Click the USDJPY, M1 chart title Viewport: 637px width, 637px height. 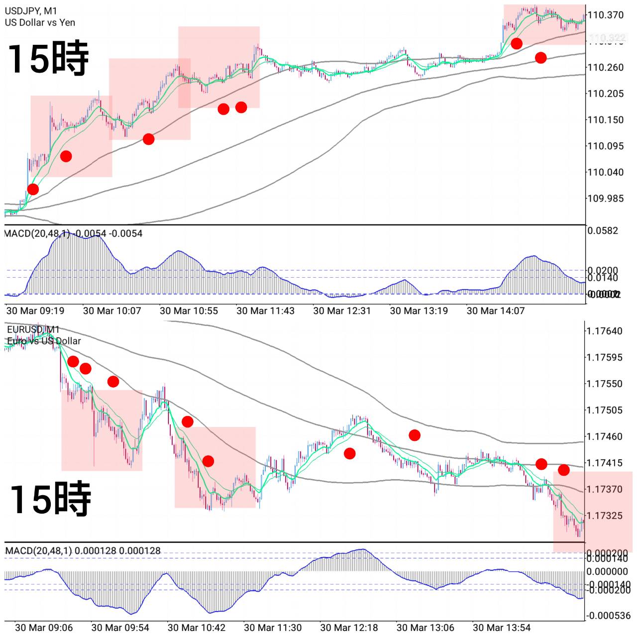pos(31,11)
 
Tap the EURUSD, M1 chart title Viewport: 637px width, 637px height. pos(33,329)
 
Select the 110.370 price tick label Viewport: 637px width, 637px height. pos(605,15)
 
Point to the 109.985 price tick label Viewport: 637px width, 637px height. pos(605,199)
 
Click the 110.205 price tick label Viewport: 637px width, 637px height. pos(605,94)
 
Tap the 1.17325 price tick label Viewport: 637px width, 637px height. pos(604,516)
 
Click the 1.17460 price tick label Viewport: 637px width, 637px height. pos(604,436)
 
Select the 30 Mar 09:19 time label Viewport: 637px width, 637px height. pos(35,311)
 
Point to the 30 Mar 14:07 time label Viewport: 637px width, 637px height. pos(496,311)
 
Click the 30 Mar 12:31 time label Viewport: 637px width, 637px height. pos(342,311)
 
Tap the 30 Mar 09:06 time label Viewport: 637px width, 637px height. pos(44,628)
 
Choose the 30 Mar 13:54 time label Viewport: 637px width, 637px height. pos(502,628)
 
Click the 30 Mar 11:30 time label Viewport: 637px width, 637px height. pos(273,628)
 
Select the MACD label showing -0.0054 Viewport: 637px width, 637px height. pos(73,233)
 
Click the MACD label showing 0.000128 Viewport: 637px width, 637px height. pos(83,551)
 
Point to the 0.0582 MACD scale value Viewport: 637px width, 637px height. pos(603,230)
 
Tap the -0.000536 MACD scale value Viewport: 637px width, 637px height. pos(607,616)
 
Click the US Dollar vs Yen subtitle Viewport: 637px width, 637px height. pos(40,22)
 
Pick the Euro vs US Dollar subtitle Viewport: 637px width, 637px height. pos(44,341)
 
